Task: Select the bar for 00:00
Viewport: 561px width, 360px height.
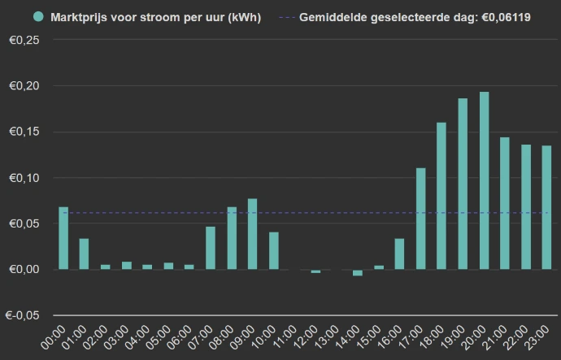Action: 63,238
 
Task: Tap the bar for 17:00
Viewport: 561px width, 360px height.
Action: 421,219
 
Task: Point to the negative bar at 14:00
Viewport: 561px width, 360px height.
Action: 358,273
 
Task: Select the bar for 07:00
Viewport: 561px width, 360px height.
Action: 211,248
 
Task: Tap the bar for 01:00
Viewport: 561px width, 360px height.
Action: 84,254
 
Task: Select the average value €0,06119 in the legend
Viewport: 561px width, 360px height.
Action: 504,17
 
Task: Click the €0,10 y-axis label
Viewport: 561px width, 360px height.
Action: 24,178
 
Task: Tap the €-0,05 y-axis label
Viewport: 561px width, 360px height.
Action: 23,315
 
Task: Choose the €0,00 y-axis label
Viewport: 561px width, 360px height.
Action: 24,270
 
